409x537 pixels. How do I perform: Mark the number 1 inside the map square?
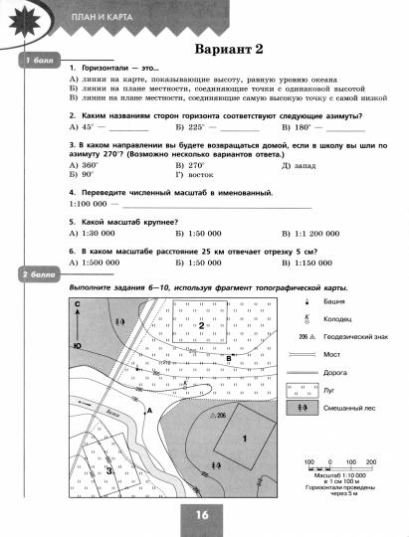pyautogui.click(x=245, y=438)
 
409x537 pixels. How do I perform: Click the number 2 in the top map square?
pyautogui.click(x=201, y=325)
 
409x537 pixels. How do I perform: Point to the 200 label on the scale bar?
pyautogui.click(x=371, y=463)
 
